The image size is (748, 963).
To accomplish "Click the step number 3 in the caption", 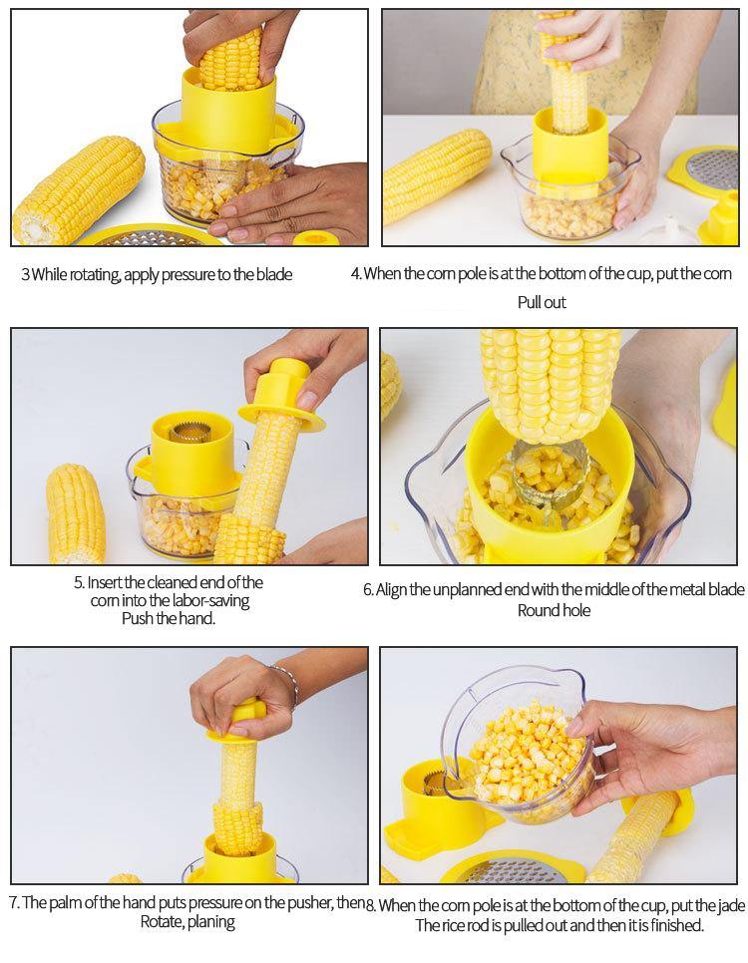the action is [x=25, y=274].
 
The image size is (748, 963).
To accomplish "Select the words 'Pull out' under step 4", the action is [x=541, y=302].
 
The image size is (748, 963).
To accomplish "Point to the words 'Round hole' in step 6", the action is [x=554, y=610].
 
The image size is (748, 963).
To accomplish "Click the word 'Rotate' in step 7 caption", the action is [x=161, y=922].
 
